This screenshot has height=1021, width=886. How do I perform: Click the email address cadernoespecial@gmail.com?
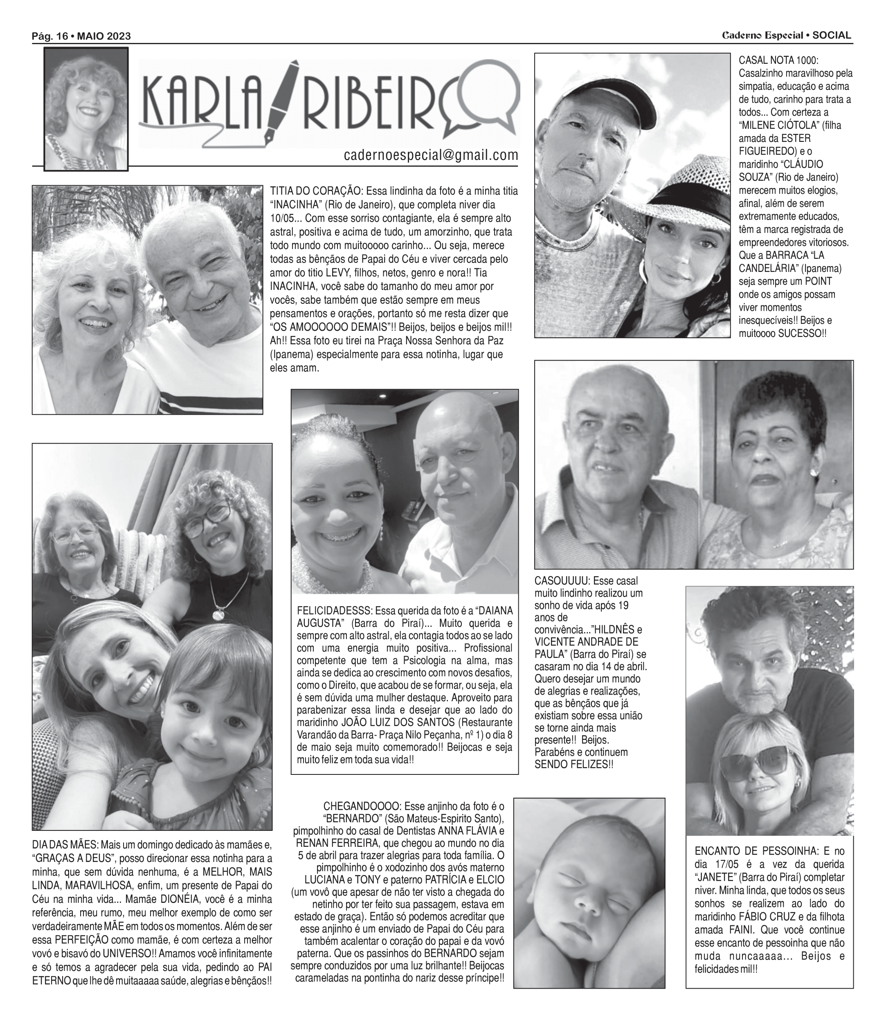coord(431,155)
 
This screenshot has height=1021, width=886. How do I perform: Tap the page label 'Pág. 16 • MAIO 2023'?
coord(81,36)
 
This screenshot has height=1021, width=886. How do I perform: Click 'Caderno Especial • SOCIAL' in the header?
coord(787,36)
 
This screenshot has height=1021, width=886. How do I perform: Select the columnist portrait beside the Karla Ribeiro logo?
coord(86,109)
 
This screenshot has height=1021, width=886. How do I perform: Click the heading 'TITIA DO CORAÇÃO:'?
coord(317,191)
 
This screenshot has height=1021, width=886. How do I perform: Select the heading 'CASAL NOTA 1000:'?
coord(778,60)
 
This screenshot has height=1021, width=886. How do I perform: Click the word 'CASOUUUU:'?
coord(562,581)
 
